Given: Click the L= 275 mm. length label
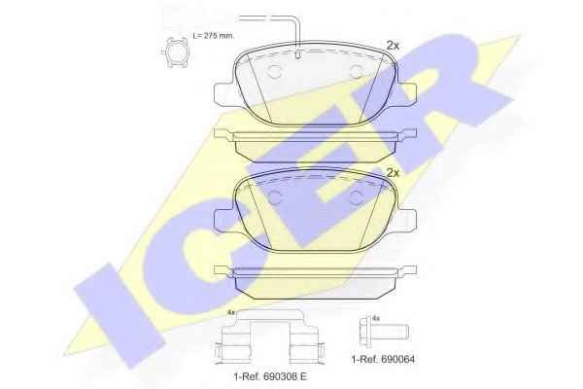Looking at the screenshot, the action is [x=214, y=36].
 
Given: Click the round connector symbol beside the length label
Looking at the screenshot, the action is [x=176, y=53].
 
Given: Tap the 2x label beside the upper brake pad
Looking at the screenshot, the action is [x=393, y=46].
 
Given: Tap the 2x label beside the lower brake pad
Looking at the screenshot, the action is [x=393, y=173].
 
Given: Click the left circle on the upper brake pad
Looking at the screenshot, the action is [x=274, y=71].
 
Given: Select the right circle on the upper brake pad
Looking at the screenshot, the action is [x=357, y=71].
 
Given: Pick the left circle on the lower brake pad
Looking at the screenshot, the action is [x=274, y=198].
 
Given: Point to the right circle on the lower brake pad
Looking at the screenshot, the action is [x=357, y=198].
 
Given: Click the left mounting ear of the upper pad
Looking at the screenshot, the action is [x=224, y=93].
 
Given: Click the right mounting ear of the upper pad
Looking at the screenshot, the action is [x=407, y=93].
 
